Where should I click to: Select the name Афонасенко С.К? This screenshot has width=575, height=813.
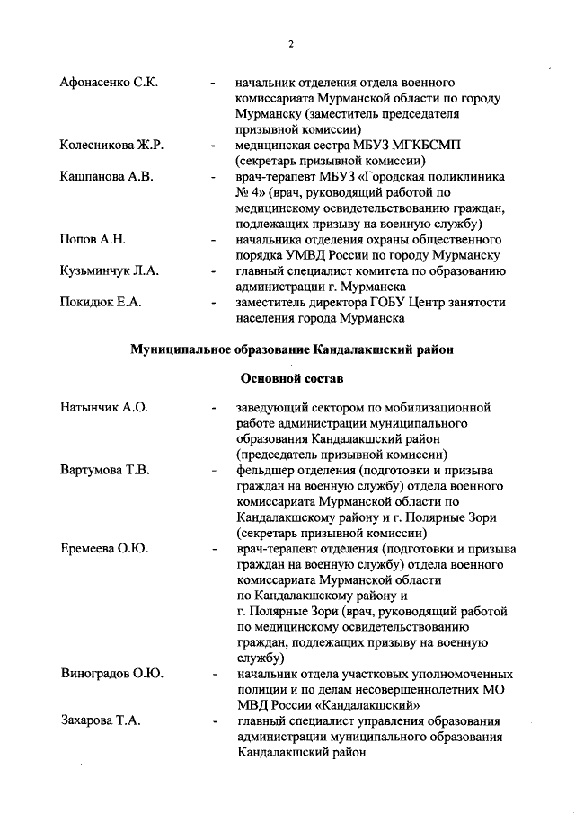pyautogui.click(x=109, y=84)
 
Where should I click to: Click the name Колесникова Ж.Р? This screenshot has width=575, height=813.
pyautogui.click(x=111, y=144)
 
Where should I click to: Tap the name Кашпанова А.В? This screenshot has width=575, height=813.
pyautogui.click(x=107, y=175)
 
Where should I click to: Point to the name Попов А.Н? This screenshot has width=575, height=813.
pyautogui.click(x=93, y=240)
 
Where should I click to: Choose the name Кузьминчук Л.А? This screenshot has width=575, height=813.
pyautogui.click(x=109, y=271)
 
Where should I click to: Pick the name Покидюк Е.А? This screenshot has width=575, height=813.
pyautogui.click(x=99, y=303)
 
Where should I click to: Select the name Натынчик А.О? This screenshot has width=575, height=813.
pyautogui.click(x=103, y=407)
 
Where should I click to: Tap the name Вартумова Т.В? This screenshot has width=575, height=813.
pyautogui.click(x=105, y=470)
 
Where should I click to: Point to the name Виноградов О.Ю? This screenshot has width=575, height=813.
pyautogui.click(x=111, y=673)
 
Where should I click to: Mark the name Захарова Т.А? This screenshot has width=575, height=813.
pyautogui.click(x=101, y=720)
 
